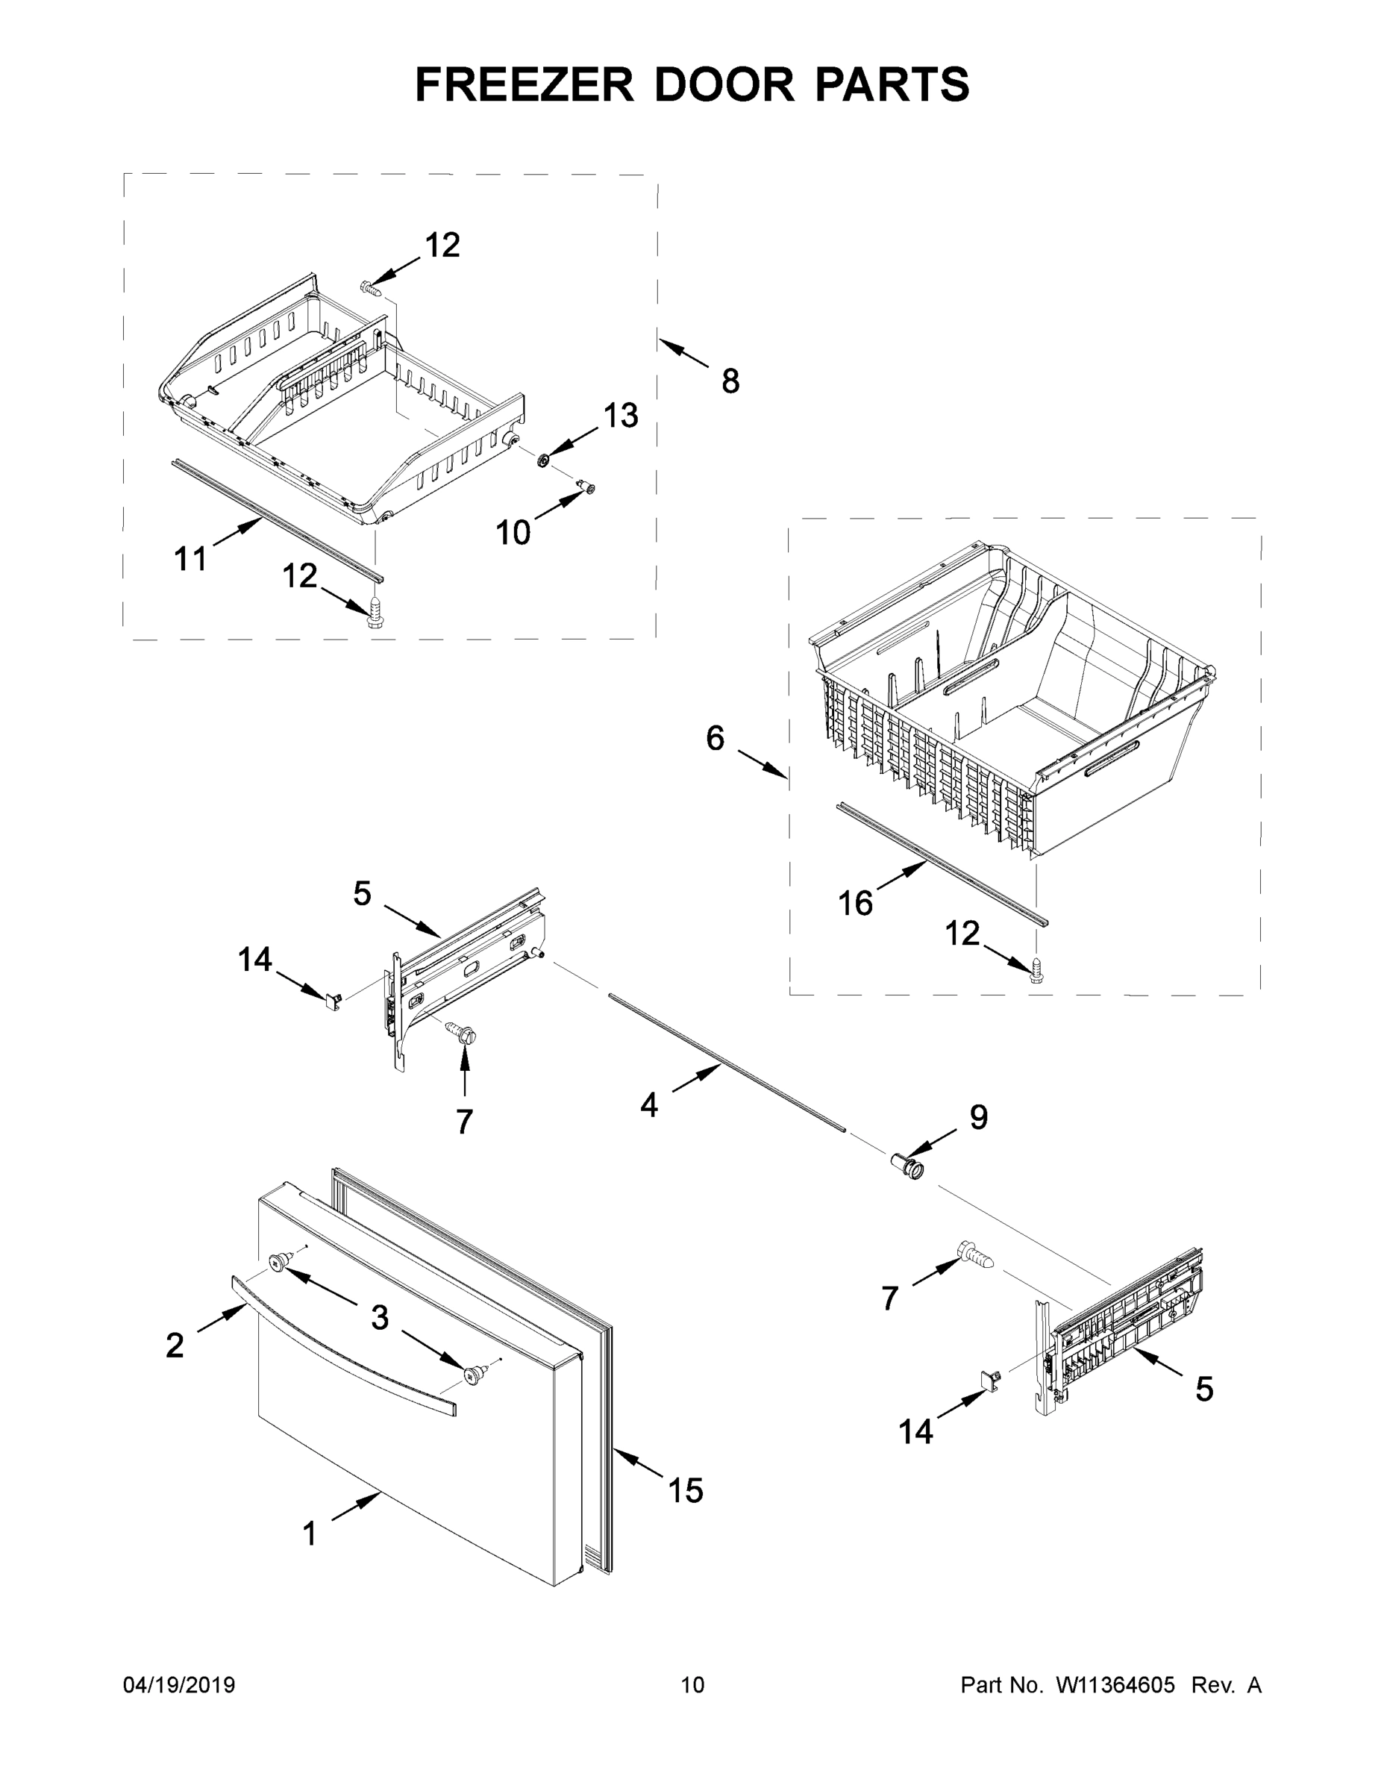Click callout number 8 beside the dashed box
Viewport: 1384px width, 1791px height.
tap(730, 381)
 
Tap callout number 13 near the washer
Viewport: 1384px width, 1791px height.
tap(621, 416)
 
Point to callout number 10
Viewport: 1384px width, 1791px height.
tap(513, 533)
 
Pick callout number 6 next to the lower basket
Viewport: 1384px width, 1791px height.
tap(715, 739)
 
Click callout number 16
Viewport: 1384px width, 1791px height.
tap(855, 904)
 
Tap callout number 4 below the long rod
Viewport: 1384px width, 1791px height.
tap(648, 1106)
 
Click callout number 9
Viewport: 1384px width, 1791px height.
tap(978, 1117)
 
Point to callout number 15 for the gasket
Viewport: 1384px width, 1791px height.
tap(686, 1491)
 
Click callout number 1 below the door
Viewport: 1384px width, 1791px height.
tap(310, 1534)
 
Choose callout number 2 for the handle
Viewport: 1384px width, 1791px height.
tap(175, 1345)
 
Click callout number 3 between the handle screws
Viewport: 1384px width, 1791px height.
tap(379, 1317)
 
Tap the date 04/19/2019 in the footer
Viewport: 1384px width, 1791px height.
tap(179, 1685)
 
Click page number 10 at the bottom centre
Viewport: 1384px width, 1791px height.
tap(692, 1685)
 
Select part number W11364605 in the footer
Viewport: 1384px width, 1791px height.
tap(1115, 1685)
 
